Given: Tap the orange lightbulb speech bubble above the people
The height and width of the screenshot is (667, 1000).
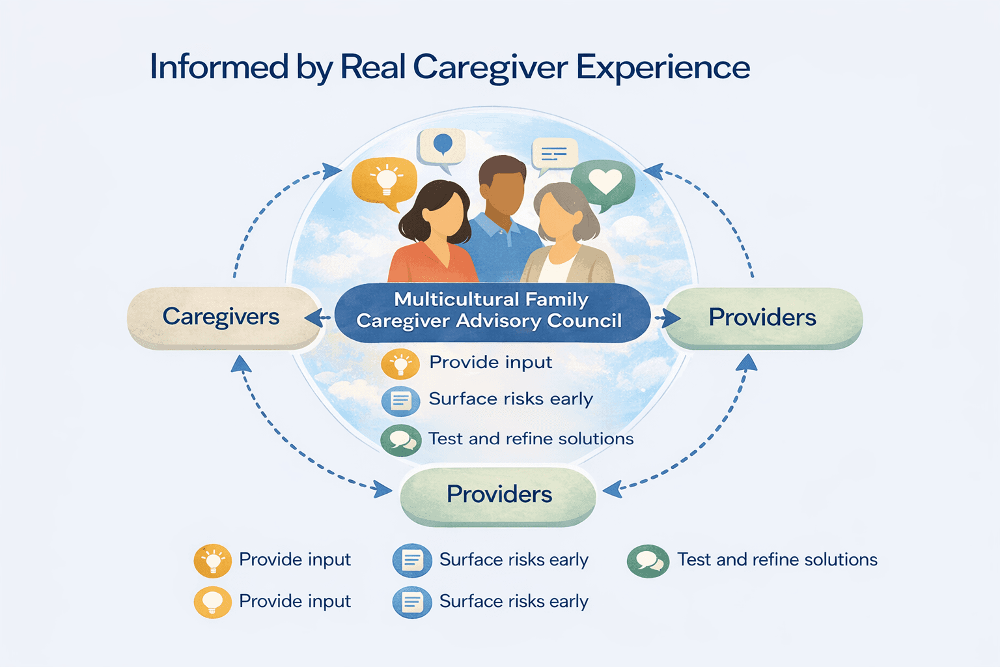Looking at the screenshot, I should click(x=384, y=180).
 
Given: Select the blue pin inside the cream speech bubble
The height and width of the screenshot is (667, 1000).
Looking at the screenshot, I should click(x=443, y=143).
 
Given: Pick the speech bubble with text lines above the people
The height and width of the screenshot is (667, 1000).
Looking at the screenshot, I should click(x=554, y=154).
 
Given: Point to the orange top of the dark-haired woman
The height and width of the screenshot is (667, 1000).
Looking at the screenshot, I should click(x=430, y=264).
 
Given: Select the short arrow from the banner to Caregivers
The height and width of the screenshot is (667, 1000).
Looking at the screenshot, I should click(x=318, y=319).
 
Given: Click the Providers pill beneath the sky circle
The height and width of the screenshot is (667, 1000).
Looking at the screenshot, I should click(x=498, y=494).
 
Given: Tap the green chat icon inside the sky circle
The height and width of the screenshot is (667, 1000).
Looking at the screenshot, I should click(x=400, y=440).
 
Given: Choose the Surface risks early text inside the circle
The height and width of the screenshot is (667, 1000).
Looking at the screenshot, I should click(x=510, y=399).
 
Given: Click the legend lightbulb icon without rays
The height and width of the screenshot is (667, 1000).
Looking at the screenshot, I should click(x=213, y=602).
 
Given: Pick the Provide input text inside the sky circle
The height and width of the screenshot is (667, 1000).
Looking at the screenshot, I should click(x=490, y=362).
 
